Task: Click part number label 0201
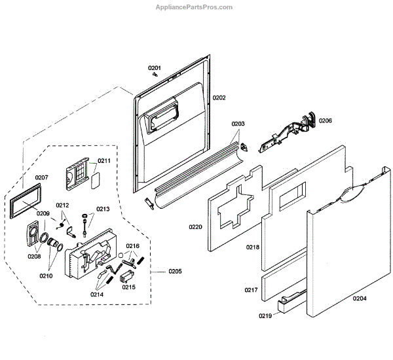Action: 154,67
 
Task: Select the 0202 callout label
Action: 219,98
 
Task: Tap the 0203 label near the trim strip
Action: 238,123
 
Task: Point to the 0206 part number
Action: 326,120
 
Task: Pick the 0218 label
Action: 253,247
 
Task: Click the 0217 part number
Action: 252,289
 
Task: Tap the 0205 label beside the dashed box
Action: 175,272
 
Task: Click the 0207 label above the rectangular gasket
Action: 42,177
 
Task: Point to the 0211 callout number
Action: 104,160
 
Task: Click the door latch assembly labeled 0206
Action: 288,130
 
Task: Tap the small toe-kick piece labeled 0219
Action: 289,302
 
